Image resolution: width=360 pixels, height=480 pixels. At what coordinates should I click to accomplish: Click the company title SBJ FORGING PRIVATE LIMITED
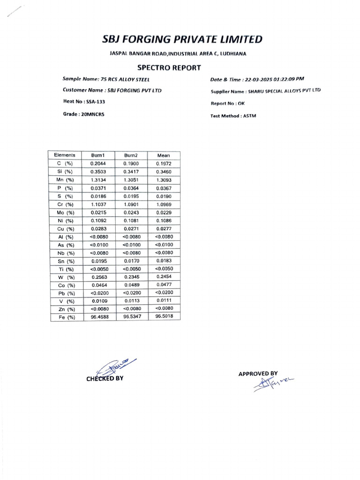pos(182,39)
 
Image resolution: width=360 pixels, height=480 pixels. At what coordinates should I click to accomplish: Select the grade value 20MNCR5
pos(93,114)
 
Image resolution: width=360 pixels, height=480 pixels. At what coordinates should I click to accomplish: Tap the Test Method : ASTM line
pos(233,116)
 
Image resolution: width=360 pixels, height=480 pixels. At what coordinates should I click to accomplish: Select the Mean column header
pos(164,155)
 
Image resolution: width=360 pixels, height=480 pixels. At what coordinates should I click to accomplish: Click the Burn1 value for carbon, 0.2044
pos(99,163)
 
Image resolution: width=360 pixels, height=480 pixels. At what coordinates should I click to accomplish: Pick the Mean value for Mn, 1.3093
pos(164,180)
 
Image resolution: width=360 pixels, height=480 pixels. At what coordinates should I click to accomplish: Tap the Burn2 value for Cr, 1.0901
pos(131,204)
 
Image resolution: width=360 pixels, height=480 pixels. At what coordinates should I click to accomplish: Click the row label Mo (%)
pos(64,212)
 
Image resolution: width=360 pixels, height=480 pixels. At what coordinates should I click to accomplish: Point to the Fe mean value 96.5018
pos(164,317)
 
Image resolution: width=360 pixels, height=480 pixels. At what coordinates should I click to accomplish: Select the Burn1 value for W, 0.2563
pos(99,277)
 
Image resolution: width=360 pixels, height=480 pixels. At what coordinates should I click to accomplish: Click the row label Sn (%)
pos(64,261)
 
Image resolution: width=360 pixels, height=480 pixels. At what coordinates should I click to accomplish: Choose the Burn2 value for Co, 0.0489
pos(131,285)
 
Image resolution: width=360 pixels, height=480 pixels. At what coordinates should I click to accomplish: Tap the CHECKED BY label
pos(105,378)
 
